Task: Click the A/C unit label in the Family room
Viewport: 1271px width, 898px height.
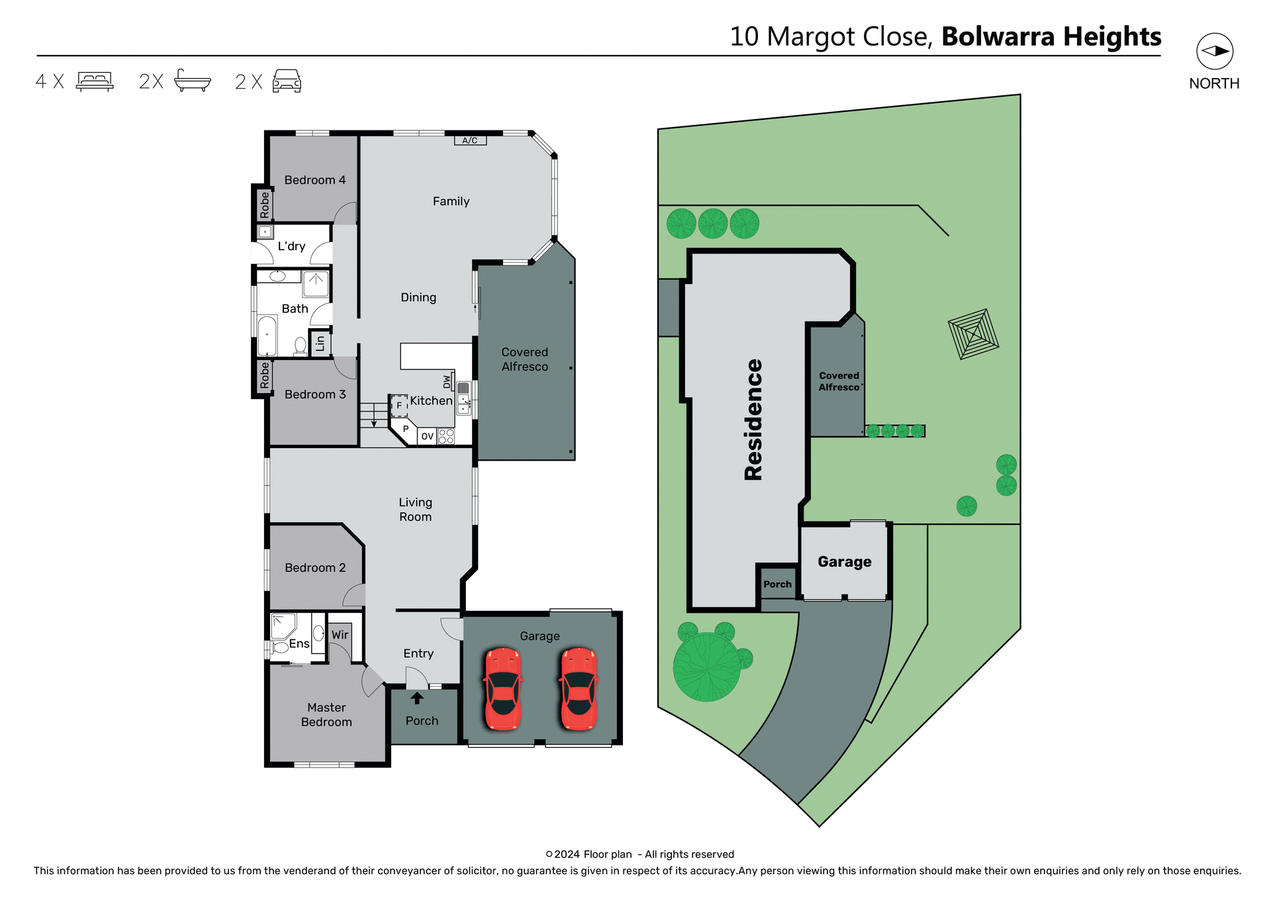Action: (470, 140)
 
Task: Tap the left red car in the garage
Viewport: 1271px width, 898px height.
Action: (503, 689)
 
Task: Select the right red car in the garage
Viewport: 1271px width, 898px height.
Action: (579, 689)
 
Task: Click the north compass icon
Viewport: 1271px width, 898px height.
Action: (1214, 52)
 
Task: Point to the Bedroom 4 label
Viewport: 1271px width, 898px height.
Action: (314, 180)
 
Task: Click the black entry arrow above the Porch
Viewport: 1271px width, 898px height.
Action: (417, 698)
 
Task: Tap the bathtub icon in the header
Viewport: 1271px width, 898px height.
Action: (193, 81)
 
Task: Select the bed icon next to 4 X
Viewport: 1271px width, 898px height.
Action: (95, 81)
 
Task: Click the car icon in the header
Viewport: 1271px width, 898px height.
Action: (287, 81)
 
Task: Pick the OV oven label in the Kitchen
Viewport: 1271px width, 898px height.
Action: (427, 436)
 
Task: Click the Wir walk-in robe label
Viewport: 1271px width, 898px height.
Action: (340, 635)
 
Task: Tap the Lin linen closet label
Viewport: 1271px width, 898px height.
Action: (320, 343)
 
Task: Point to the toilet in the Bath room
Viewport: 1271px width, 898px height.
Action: (300, 346)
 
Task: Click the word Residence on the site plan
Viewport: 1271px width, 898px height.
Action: (753, 420)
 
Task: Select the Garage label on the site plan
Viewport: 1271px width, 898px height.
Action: (844, 562)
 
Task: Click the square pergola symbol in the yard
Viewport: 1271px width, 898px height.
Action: (972, 334)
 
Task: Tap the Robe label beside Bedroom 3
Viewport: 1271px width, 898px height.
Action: (265, 375)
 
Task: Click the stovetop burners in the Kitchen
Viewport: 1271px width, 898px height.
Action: (446, 436)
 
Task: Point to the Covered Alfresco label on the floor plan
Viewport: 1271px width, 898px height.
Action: (524, 359)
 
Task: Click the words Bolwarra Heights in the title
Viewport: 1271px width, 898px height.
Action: (1051, 37)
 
